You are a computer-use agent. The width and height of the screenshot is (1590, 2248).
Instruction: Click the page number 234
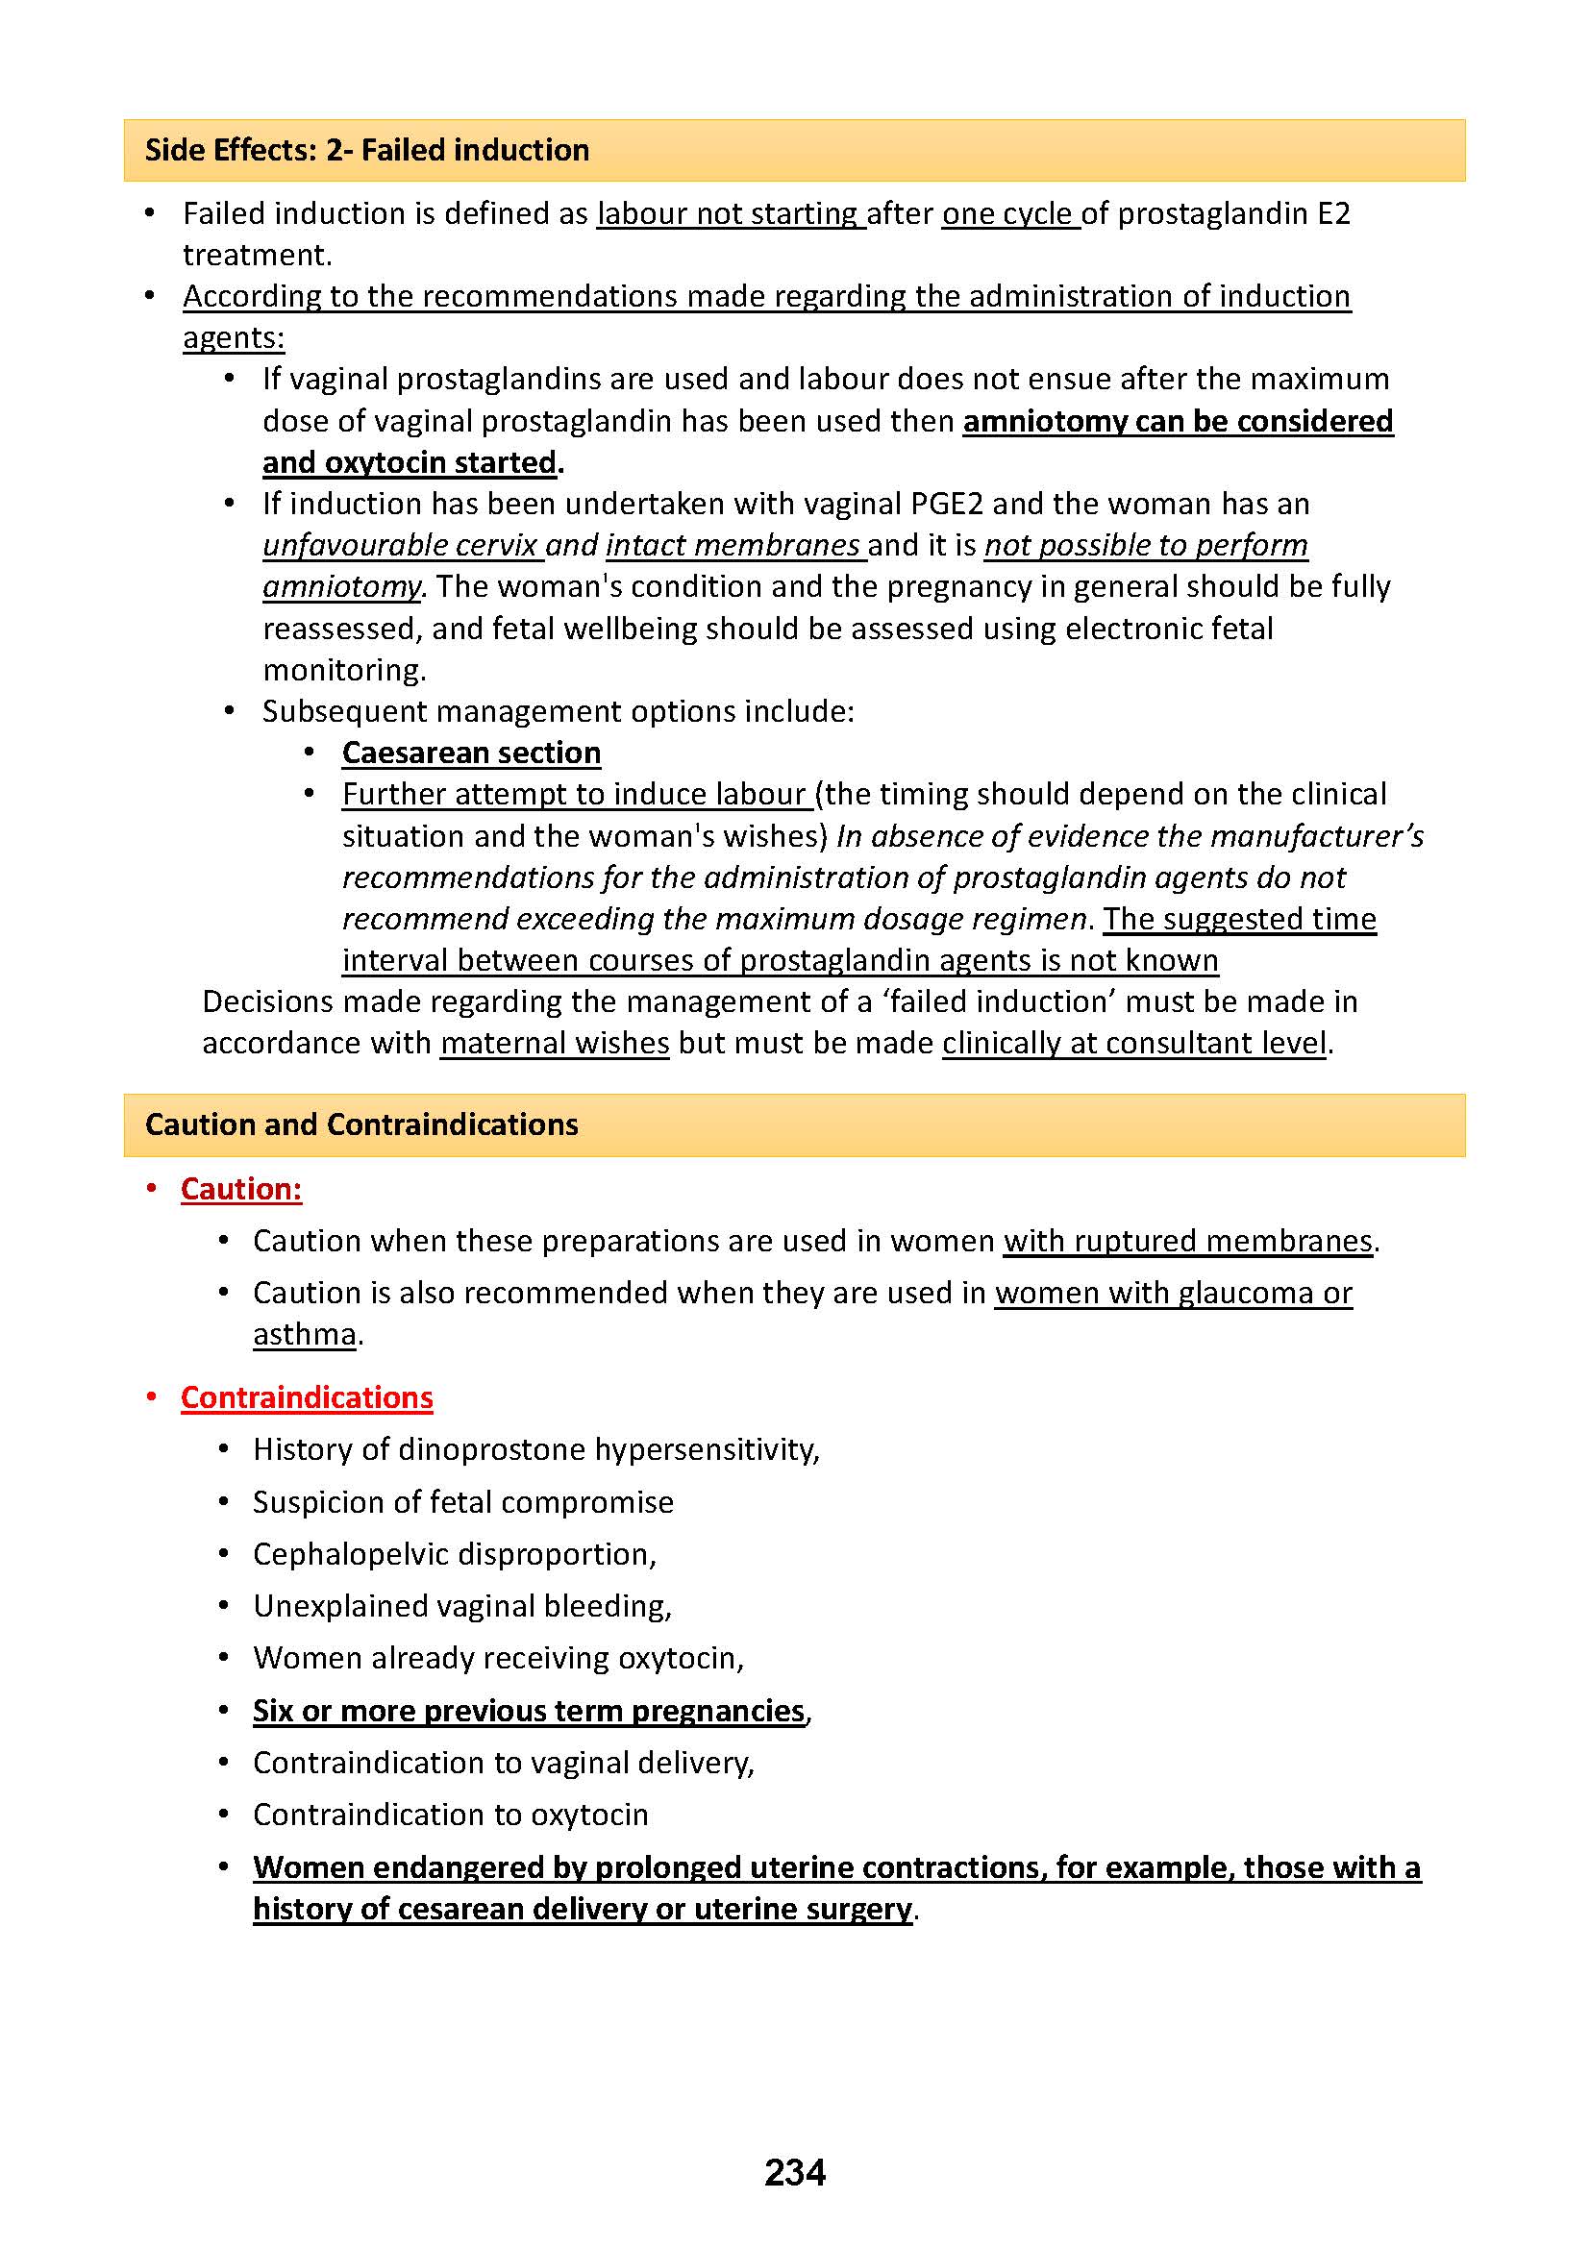(794, 2172)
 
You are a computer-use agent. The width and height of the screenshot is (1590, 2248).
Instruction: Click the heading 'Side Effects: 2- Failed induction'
(367, 150)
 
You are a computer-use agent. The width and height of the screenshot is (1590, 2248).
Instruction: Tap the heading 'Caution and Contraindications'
(361, 1124)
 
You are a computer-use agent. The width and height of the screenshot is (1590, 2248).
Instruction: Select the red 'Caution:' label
(241, 1189)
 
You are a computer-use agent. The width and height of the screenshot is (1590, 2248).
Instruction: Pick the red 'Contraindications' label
(307, 1397)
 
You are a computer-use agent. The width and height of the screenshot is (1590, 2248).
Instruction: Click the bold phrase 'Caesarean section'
(471, 752)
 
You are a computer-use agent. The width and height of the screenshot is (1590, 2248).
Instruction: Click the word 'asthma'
(305, 1334)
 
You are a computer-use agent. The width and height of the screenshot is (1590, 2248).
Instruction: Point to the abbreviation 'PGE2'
(946, 504)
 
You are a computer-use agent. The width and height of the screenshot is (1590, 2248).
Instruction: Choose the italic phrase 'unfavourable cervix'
(401, 544)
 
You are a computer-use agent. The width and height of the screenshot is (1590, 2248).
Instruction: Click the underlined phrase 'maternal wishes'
(554, 1043)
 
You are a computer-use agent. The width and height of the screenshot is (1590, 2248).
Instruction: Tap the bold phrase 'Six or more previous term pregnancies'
(529, 1711)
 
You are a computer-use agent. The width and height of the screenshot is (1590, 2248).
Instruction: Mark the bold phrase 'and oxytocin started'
(410, 462)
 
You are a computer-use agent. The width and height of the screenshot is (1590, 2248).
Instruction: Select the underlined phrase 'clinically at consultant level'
(1133, 1043)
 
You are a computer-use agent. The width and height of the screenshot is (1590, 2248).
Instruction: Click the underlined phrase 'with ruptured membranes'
(1187, 1241)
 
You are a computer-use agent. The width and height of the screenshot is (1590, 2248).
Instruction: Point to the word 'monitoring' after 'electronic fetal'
(342, 670)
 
